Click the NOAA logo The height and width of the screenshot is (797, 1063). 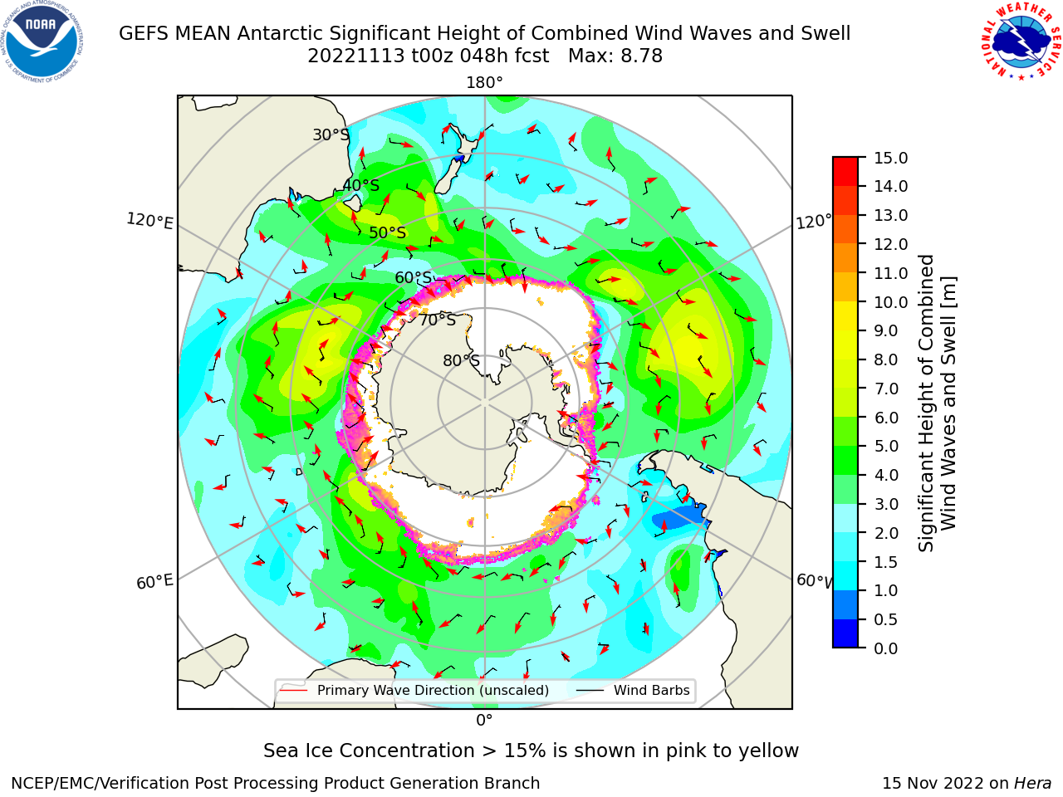(42, 42)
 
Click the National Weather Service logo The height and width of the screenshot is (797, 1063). (1020, 42)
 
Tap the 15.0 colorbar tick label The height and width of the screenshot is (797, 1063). (890, 158)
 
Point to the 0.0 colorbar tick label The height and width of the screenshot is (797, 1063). (886, 648)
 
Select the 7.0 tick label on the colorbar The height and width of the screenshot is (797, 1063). (886, 388)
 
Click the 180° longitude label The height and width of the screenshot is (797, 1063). (484, 83)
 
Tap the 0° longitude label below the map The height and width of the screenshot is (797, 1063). (484, 721)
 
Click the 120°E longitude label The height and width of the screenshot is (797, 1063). (149, 221)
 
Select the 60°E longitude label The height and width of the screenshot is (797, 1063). (154, 582)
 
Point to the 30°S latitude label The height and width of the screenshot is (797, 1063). (331, 134)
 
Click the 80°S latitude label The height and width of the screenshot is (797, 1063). (461, 360)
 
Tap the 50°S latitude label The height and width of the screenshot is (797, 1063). (388, 232)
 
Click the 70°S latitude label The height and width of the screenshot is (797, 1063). (438, 320)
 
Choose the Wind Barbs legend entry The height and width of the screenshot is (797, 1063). (633, 690)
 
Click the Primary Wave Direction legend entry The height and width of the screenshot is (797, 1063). (414, 690)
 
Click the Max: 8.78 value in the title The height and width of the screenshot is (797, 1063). (615, 56)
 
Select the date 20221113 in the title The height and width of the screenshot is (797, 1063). (356, 56)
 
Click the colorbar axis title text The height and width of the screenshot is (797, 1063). (937, 403)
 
